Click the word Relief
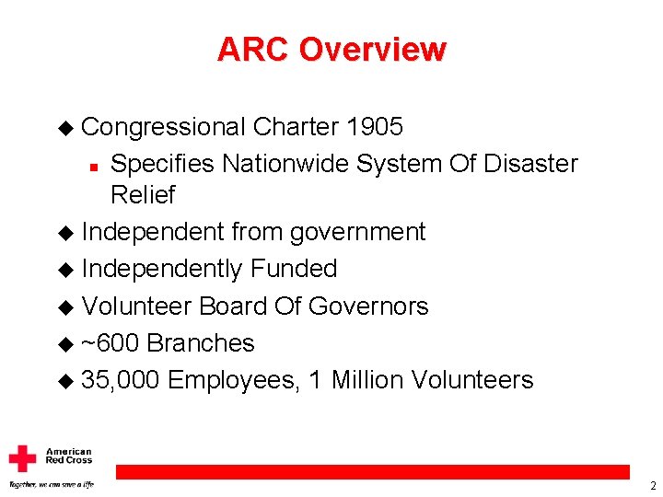coord(142,195)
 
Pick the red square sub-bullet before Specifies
coord(94,166)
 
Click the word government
coord(357,232)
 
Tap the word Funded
coord(294,269)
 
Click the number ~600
coord(110,343)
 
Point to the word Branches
coord(201,343)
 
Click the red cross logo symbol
coord(22,458)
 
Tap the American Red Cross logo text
coord(69,456)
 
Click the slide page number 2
coord(652,486)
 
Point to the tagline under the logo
coord(51,484)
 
